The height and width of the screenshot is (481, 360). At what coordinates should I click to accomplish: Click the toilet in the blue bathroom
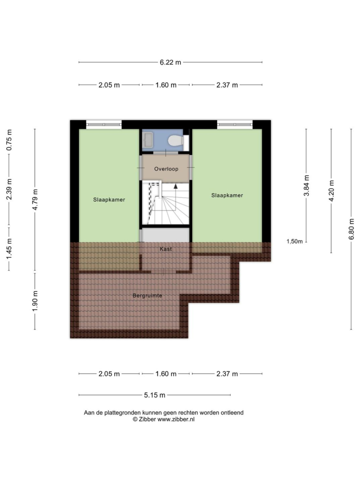point(176,141)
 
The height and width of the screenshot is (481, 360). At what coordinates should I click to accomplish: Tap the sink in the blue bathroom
point(148,139)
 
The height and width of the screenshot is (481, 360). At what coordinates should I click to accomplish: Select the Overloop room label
point(166,169)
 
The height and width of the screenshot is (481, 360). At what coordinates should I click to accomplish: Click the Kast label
point(166,249)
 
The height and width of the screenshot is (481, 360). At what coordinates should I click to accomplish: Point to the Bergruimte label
point(147,296)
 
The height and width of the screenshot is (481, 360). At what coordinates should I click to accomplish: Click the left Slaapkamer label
point(109,200)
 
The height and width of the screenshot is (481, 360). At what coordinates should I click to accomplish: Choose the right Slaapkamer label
point(227,196)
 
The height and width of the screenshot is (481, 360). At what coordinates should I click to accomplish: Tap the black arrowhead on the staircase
point(176,186)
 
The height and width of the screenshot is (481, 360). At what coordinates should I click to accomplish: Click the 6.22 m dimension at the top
point(170,62)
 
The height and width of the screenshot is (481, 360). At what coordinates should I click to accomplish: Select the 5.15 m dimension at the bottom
point(155,395)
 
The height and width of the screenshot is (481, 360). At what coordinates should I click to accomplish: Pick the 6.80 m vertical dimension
point(352,229)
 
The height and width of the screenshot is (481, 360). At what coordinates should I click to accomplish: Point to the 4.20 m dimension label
point(331,191)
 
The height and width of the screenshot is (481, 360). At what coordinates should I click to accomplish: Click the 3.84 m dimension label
point(307,185)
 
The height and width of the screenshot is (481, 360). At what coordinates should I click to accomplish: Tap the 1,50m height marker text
point(295,241)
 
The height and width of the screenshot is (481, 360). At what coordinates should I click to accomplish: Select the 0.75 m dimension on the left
point(9,140)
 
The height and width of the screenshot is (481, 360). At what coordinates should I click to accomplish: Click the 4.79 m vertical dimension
point(35,200)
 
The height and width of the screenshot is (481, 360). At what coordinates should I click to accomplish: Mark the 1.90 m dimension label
point(35,301)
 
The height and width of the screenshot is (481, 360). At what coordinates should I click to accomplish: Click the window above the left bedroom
point(104,125)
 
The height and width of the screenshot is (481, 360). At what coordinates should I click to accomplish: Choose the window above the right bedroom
point(235,125)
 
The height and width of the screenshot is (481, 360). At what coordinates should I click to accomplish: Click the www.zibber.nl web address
point(176,420)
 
